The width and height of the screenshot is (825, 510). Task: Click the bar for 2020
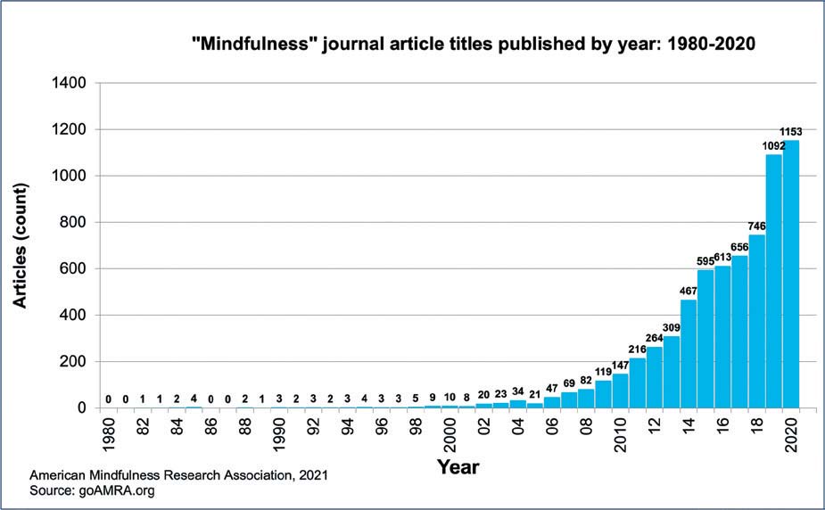coord(790,274)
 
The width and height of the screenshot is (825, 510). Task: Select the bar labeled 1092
coord(773,281)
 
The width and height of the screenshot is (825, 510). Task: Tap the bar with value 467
coord(689,354)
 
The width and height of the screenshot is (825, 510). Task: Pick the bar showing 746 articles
coord(756,321)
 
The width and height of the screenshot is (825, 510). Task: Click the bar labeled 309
coord(672,372)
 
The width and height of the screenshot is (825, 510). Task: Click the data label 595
coord(705,261)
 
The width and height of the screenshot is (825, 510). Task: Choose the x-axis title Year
coord(458,465)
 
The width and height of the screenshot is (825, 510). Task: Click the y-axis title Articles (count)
coord(20,244)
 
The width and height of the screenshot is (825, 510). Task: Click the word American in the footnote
coord(60,475)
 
